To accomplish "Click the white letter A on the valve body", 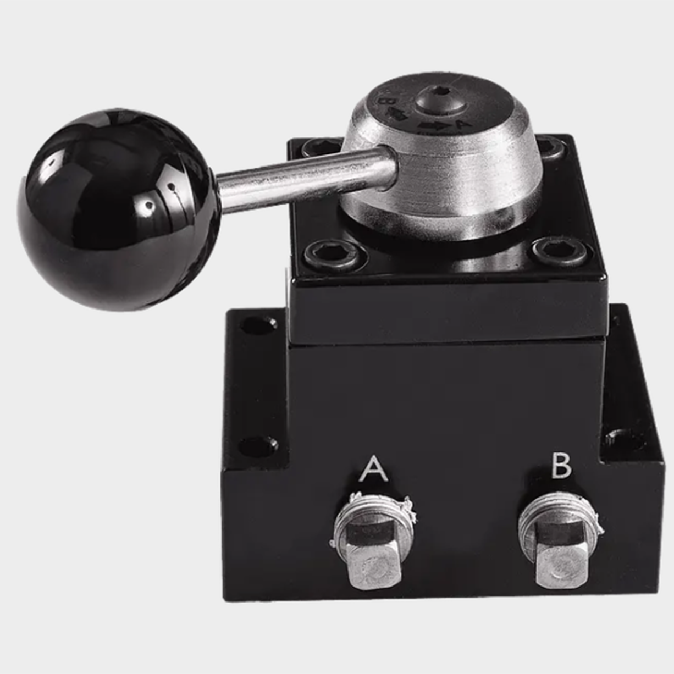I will pos(373,469).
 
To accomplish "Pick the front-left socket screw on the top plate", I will pos(333,254).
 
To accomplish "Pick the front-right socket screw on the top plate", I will pos(560,251).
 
